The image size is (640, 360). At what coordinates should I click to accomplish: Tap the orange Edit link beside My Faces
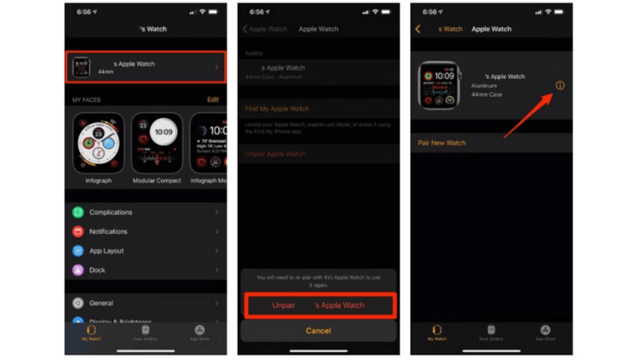click(x=213, y=100)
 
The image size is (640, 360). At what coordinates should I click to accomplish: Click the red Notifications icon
click(x=78, y=231)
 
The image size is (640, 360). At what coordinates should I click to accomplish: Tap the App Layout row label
click(x=106, y=250)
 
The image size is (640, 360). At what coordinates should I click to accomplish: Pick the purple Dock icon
click(x=78, y=270)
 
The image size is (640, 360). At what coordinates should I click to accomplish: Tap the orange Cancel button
click(x=318, y=330)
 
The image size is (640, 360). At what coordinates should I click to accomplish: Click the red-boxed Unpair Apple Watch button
click(x=318, y=305)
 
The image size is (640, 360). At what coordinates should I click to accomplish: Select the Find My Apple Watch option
click(x=277, y=109)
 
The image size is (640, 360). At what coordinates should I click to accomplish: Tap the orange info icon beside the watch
click(x=559, y=86)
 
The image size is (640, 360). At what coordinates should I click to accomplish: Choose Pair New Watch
click(x=442, y=143)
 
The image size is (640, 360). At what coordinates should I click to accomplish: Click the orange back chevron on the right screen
click(x=418, y=29)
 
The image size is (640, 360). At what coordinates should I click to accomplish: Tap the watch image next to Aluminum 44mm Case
click(x=438, y=85)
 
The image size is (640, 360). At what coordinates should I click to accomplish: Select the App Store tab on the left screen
click(x=199, y=333)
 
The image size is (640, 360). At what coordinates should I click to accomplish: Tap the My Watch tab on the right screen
click(x=437, y=333)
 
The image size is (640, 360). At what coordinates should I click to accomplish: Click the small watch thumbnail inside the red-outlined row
click(x=81, y=67)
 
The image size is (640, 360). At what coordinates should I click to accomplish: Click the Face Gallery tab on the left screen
click(x=146, y=333)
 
